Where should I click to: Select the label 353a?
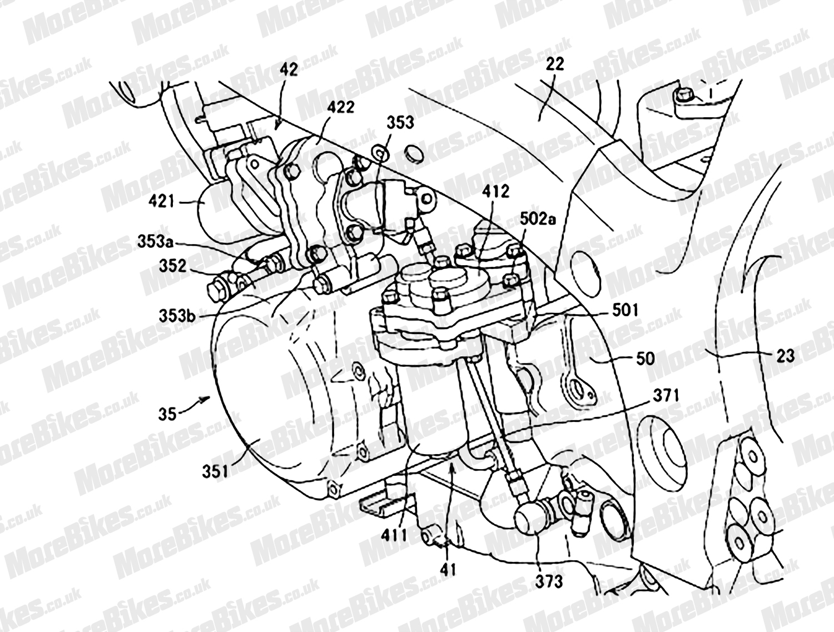155,242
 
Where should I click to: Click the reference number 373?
548,581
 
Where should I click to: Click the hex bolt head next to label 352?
217,290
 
